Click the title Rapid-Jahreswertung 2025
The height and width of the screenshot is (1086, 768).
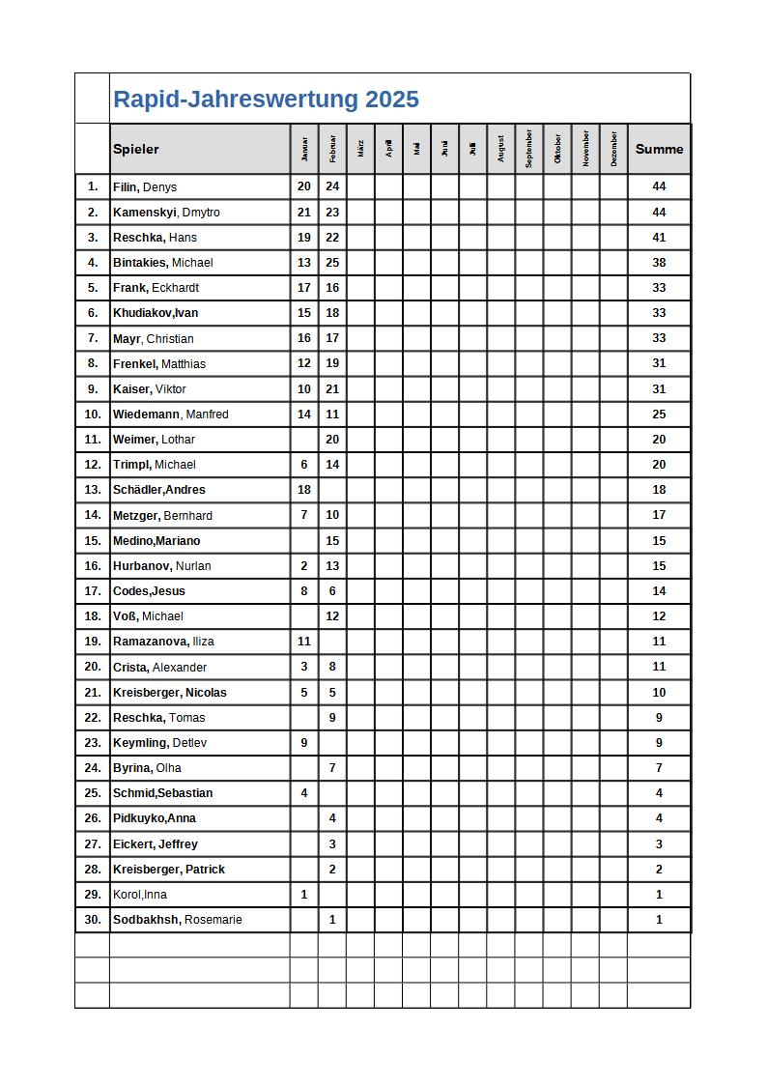coord(266,100)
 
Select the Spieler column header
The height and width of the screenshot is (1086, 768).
coord(136,149)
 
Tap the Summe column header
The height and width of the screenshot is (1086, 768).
coord(659,149)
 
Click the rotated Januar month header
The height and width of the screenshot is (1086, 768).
coord(304,149)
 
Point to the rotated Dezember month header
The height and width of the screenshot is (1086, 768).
coord(613,149)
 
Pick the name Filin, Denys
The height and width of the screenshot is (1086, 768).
coord(145,187)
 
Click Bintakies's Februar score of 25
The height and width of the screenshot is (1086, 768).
coord(332,263)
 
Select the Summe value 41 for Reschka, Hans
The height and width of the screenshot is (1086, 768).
coord(659,238)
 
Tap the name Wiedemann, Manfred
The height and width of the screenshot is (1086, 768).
coord(171,414)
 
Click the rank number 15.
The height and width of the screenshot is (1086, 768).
coord(93,541)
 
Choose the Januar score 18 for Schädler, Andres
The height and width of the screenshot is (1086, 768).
coord(304,490)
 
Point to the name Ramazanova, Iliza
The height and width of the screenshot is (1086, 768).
coord(163,642)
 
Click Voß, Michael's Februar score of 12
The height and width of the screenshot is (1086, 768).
coord(332,616)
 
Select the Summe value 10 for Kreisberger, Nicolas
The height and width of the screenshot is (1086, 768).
coord(659,693)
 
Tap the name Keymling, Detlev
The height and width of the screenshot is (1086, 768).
coord(159,743)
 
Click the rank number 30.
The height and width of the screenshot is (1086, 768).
coord(93,920)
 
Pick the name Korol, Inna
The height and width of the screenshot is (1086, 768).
coord(140,895)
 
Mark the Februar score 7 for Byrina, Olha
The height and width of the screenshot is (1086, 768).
coord(332,768)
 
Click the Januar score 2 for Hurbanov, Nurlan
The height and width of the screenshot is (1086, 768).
coord(304,566)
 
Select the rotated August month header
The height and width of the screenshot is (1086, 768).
coord(500,149)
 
